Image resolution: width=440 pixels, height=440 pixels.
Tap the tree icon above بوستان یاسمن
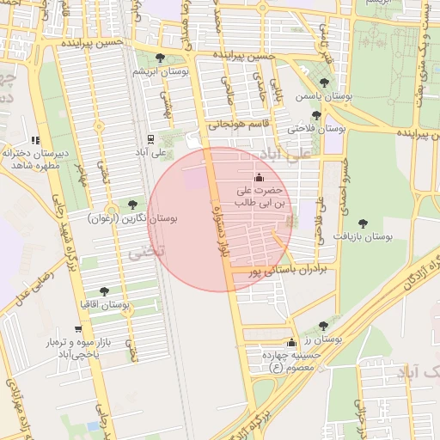(324, 82)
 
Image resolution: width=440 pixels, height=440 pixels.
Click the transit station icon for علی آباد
(151, 138)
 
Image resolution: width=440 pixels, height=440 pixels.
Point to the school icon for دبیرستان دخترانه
(35, 139)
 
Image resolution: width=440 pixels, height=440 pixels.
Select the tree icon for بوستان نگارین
(131, 205)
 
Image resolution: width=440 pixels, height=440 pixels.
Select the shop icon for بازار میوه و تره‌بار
(78, 329)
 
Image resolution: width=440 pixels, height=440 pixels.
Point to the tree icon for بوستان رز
(323, 326)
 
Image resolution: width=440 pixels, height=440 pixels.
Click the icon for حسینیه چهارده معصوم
(290, 342)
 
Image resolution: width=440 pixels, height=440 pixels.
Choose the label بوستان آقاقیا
(104, 305)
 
